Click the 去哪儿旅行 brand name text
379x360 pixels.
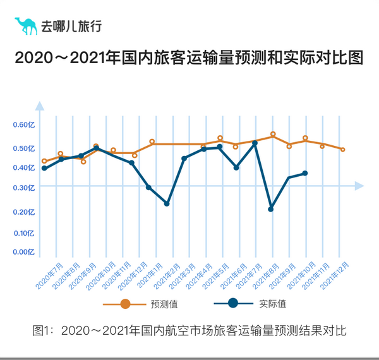tap(71, 27)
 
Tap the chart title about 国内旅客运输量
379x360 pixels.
tap(189, 59)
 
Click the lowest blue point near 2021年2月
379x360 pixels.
tap(167, 203)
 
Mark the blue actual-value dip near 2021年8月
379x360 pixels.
tap(271, 209)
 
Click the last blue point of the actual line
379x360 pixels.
tap(305, 173)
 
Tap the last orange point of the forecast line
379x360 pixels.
tap(342, 150)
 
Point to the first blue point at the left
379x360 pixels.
tap(44, 168)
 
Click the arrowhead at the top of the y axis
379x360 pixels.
tap(39, 105)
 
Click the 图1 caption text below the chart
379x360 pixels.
tap(189, 330)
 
